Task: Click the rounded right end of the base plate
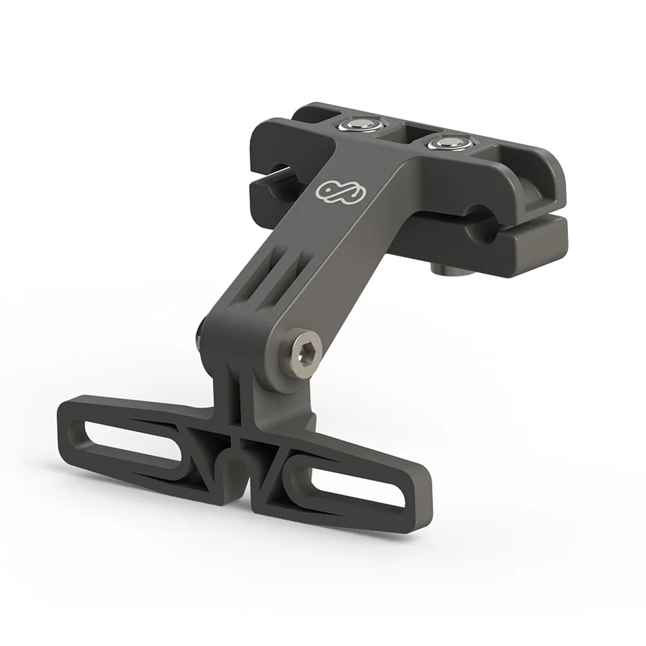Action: coord(406,504)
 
